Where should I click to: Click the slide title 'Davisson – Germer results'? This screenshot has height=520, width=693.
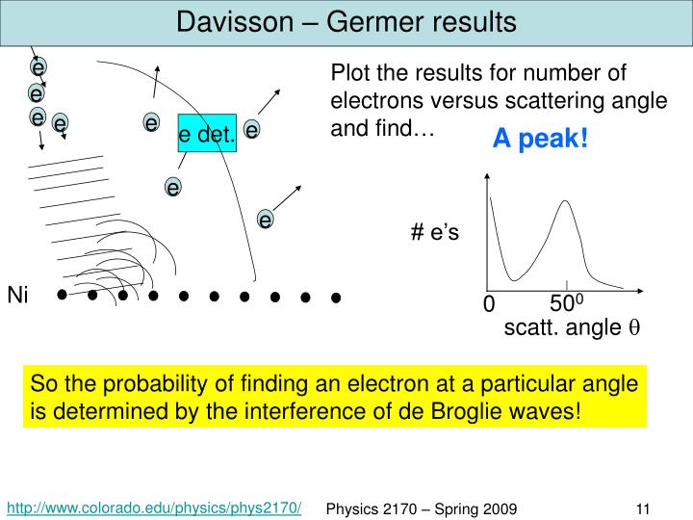coord(346,21)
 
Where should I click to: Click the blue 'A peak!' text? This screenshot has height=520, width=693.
coord(539,140)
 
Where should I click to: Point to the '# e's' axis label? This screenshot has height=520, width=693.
coord(435,233)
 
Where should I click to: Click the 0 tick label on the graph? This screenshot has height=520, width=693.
coord(488,305)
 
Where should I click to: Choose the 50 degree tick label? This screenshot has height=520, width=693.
coord(567,304)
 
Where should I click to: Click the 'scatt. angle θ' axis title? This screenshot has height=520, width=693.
coord(572,328)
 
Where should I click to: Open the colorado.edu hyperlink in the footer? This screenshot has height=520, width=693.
coord(155,507)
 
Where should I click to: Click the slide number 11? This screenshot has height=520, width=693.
coord(645,507)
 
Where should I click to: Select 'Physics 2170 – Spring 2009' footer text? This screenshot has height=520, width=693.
coord(423,507)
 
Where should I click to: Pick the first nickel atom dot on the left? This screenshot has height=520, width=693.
coord(63,296)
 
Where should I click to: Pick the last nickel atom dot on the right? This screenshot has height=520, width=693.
coord(336,298)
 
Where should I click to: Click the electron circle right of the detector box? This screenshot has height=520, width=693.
coord(252,129)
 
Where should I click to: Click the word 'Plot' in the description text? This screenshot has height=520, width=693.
coord(348,74)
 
